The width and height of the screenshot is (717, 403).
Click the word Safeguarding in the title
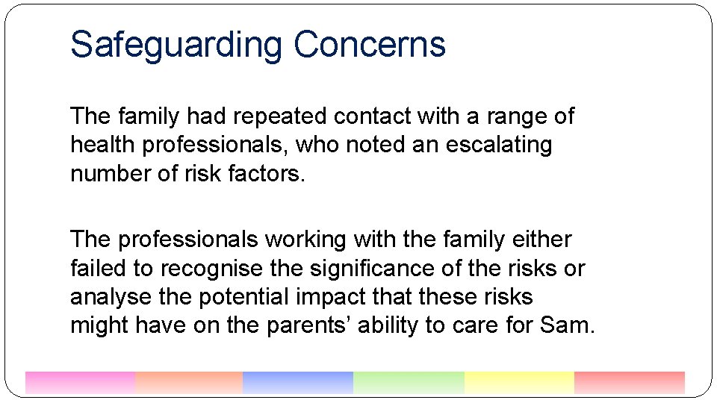point(176,45)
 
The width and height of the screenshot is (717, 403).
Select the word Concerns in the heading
point(369,45)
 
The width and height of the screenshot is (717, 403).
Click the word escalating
point(498,145)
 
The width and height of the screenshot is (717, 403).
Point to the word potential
point(235,296)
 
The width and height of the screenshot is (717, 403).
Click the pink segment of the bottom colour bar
point(80,382)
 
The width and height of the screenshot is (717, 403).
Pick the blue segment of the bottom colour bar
point(297,382)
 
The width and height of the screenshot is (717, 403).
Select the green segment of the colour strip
point(408,382)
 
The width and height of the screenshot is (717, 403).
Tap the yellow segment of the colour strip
point(518,382)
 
